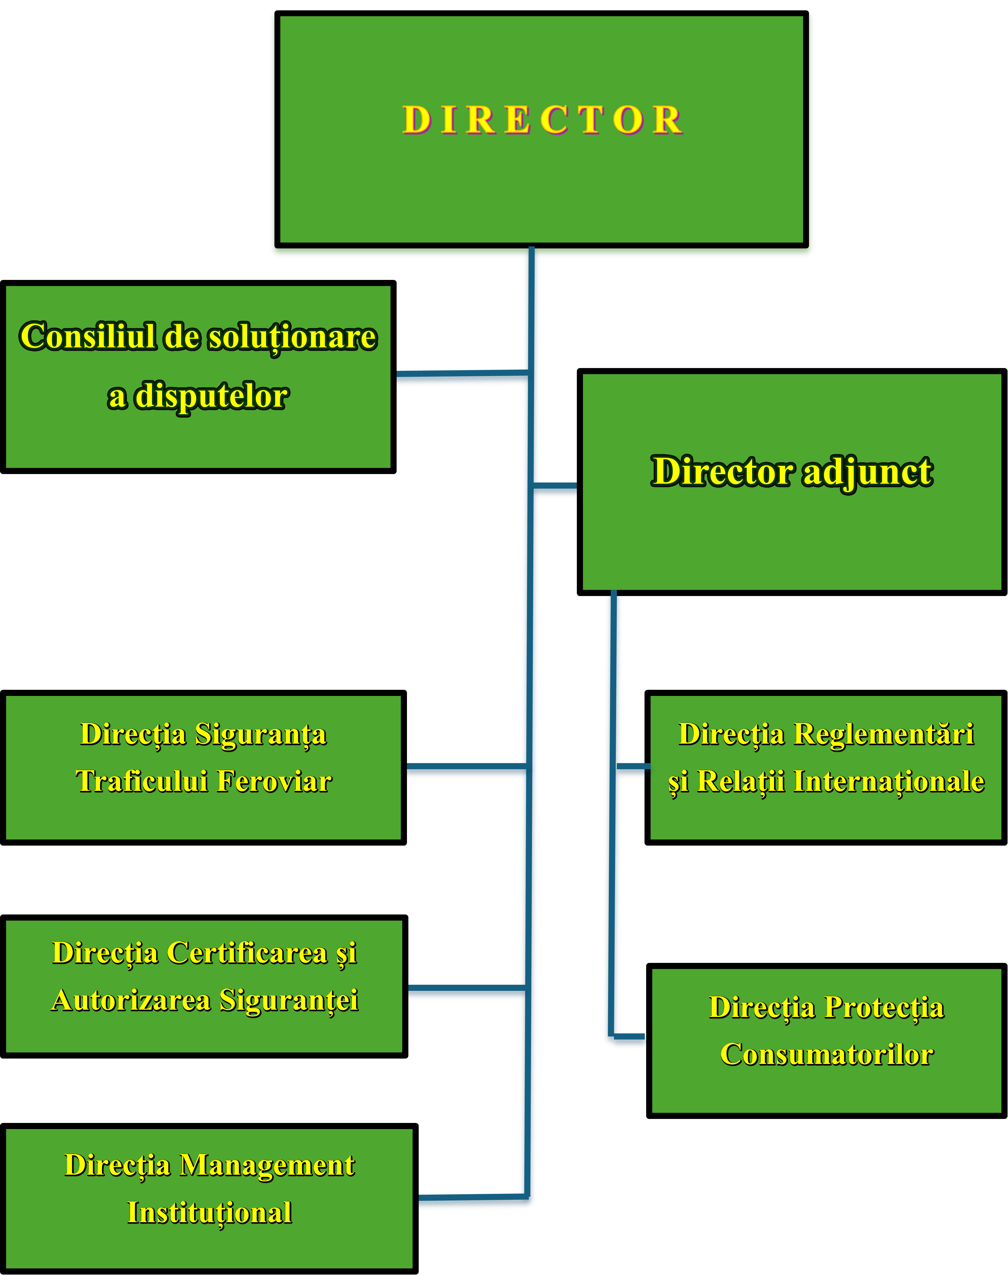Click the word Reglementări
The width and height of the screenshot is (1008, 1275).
coord(883,734)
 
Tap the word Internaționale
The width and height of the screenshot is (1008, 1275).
coord(888,781)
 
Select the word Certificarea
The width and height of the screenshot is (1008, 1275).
coord(247,953)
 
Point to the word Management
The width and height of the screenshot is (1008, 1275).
coord(267,1165)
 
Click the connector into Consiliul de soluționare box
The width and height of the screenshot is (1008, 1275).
coord(460,377)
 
